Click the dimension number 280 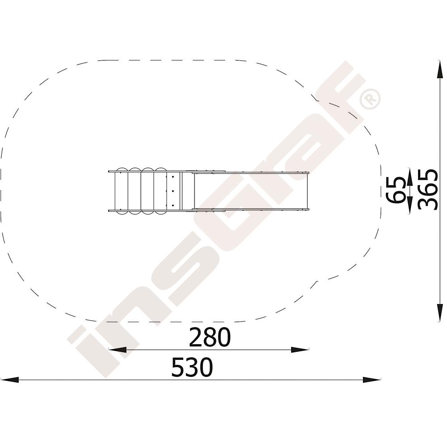210,337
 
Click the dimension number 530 192,367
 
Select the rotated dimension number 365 428,190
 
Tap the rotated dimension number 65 396,190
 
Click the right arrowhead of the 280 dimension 300,350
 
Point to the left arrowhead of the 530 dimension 10,380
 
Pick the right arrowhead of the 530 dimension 372,380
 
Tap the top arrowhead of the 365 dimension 440,69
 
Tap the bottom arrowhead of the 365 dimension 440,313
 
